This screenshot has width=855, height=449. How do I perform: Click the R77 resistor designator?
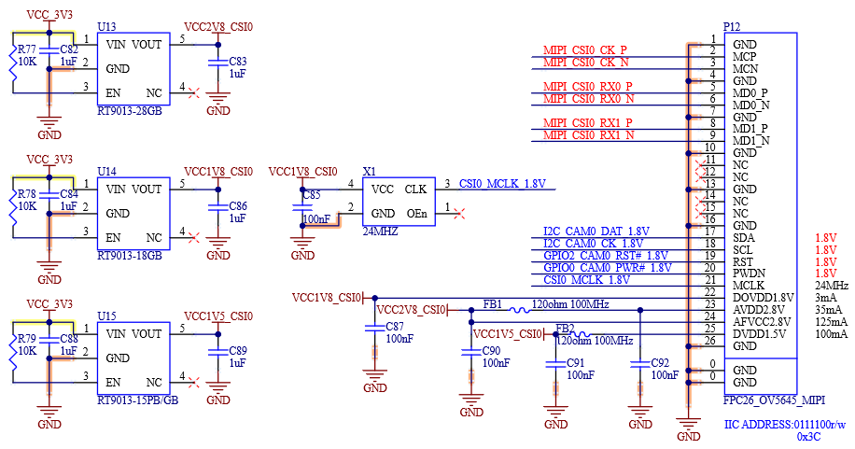pos(27,49)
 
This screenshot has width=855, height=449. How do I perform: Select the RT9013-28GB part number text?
pos(130,111)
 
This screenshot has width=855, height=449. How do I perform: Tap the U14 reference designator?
pos(106,172)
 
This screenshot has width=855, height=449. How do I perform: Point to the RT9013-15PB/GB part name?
pos(138,400)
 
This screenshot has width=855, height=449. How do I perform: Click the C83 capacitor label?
pos(238,61)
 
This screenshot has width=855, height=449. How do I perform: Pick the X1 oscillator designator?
pos(369,172)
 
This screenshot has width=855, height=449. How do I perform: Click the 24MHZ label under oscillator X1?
pos(380,232)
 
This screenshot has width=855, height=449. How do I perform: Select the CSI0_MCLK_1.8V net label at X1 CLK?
pos(502,183)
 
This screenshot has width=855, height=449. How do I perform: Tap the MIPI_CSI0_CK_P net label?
pos(585,50)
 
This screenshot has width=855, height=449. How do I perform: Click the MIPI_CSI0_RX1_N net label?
pos(588,134)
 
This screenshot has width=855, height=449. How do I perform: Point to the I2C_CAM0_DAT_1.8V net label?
pos(596,232)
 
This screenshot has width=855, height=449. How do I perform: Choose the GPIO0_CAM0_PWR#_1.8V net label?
pos(608,267)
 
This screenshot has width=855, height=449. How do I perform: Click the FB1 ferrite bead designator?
pos(493,304)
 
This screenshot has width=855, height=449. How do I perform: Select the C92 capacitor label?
pos(660,362)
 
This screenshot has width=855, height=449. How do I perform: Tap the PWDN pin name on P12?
pos(749,273)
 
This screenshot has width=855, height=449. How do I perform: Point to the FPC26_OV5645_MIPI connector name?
pos(775,400)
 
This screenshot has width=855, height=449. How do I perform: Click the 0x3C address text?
pos(808,437)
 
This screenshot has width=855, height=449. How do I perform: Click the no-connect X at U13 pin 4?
pos(193,93)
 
